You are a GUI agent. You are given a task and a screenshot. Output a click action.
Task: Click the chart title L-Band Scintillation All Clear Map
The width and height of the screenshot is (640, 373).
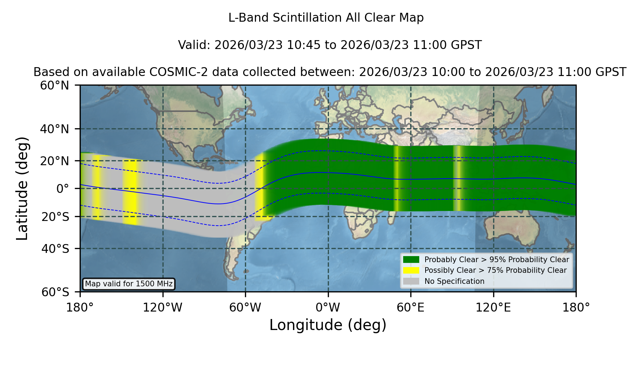326,18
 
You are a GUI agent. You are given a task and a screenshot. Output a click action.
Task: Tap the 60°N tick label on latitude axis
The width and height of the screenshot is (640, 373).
54,85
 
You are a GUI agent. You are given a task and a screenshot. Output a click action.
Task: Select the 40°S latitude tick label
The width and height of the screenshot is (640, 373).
55,249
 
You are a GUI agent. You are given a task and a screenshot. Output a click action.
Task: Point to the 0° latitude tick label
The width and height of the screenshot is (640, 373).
63,189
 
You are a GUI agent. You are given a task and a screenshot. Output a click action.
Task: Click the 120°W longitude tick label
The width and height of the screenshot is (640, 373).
162,307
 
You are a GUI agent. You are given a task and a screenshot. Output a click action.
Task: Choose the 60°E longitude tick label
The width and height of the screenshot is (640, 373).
411,307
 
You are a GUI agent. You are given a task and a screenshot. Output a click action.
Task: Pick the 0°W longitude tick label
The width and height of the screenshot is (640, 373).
328,307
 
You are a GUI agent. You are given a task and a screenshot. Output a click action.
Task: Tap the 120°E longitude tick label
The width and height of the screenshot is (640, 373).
493,307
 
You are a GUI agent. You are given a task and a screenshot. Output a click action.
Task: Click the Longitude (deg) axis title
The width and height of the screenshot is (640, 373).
328,325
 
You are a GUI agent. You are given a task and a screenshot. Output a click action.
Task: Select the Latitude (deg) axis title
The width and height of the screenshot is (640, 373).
22,188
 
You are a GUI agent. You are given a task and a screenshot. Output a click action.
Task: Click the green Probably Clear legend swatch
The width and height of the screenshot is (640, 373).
411,260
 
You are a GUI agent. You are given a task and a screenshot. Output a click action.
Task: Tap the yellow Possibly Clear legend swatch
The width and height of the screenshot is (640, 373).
411,270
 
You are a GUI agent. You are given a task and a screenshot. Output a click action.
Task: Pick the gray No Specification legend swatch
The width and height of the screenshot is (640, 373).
411,281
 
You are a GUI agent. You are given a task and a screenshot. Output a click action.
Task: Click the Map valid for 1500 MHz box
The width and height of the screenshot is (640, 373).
129,284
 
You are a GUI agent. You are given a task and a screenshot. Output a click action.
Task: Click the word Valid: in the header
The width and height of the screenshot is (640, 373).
194,45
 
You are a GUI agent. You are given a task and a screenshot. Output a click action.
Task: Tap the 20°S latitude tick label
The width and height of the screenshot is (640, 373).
55,217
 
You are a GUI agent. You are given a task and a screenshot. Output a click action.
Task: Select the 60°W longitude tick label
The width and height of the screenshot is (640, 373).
245,307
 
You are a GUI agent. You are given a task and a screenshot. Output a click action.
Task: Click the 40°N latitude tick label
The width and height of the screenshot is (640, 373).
54,129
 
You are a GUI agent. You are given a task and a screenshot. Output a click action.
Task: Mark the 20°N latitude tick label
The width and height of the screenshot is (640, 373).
54,161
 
